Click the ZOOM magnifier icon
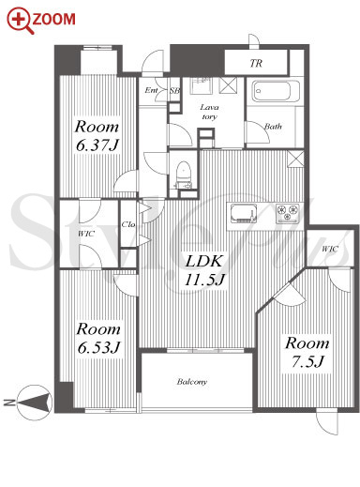coord(20,20)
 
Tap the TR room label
coord(256,64)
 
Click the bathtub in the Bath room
coord(276,91)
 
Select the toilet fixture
coord(183,175)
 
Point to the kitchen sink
coord(244,213)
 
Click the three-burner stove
coord(288,213)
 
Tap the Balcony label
coord(192,382)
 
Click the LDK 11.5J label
coord(204,269)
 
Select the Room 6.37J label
coord(97,136)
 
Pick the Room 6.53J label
coord(98,338)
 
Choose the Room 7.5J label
coord(307,352)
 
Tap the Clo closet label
coord(128,224)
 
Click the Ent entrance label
coord(151,90)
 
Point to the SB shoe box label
coord(174,91)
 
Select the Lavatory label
coord(209,112)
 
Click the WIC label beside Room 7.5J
coord(330,249)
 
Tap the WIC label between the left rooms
coord(86,234)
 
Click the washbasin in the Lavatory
coord(202,85)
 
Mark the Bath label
coord(273,127)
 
